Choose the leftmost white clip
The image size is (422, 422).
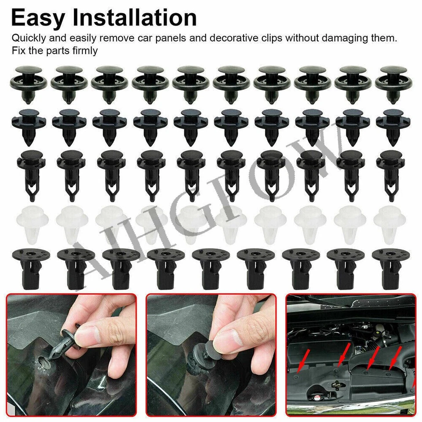29,222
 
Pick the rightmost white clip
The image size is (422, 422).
391,222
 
